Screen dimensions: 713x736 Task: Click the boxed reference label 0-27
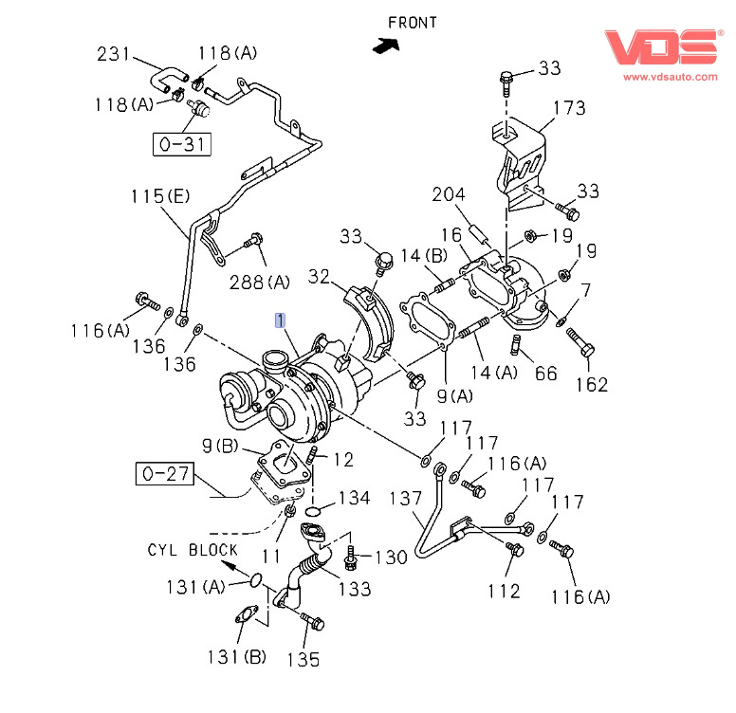166,471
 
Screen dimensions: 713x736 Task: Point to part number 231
115,55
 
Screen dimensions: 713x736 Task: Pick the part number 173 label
569,108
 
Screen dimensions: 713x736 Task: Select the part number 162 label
590,385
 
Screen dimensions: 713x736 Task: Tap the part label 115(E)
160,196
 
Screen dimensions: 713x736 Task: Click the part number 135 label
303,659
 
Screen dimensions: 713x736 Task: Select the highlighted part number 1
280,320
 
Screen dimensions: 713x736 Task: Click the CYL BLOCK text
193,550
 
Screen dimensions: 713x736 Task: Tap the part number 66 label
546,373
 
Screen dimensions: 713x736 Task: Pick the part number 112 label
504,591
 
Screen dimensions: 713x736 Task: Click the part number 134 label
355,497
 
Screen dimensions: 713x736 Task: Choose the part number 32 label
320,276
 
